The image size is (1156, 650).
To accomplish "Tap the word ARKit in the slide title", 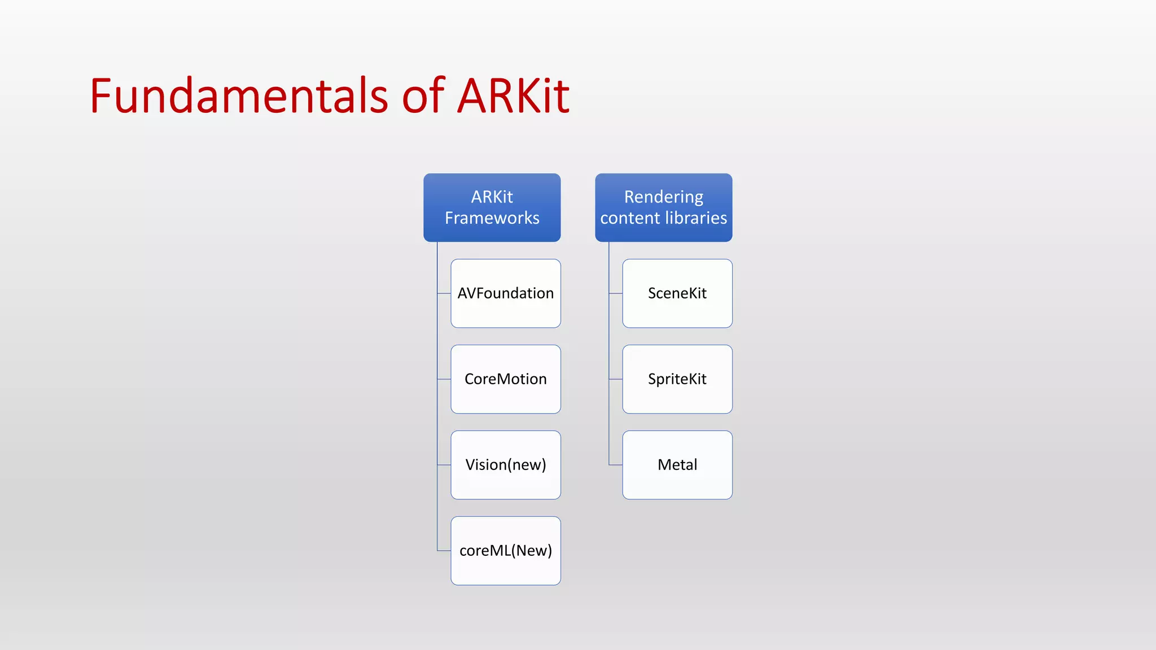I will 513,96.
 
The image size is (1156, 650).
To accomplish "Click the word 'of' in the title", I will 423,96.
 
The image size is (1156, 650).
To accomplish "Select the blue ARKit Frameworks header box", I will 492,207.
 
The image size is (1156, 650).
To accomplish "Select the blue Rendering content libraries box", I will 663,207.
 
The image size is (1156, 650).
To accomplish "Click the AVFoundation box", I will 505,293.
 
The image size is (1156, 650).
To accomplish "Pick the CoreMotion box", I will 505,379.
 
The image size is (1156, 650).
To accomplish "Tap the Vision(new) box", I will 505,465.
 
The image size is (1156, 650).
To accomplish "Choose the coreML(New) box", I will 505,551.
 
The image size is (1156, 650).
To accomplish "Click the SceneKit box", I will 677,293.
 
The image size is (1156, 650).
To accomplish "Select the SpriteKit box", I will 677,379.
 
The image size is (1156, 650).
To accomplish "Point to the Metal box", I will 677,465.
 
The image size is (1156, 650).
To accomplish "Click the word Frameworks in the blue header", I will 492,218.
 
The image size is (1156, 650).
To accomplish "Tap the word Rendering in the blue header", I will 663,197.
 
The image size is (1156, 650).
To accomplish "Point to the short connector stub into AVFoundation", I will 444,293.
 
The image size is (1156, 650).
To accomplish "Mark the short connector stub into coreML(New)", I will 444,551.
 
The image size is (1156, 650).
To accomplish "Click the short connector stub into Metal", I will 616,465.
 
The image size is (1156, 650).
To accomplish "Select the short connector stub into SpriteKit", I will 616,379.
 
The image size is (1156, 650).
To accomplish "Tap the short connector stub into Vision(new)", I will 444,465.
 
